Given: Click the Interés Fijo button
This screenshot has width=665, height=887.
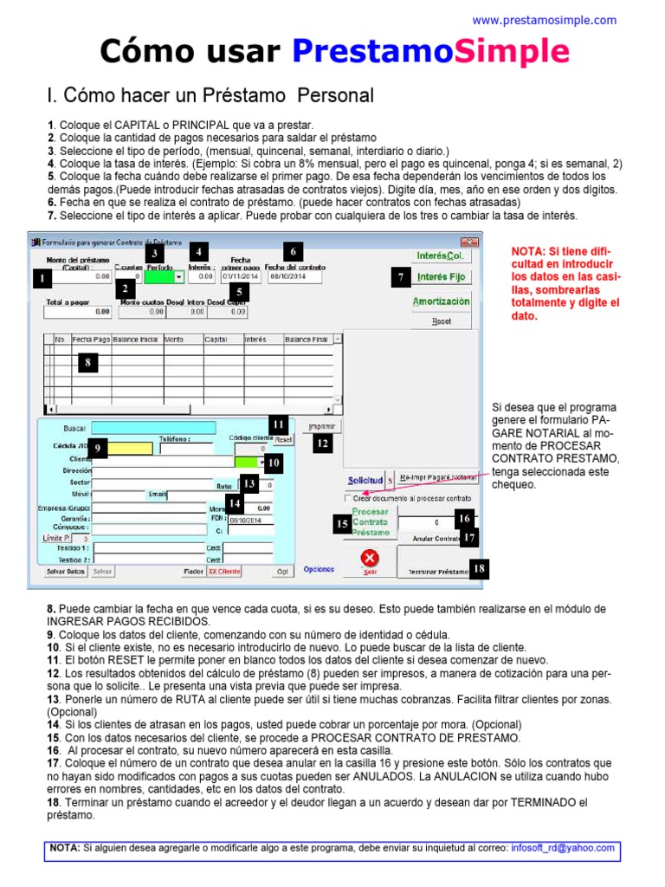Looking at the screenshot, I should [442, 277].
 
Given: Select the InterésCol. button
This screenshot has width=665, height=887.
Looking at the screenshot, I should [442, 256].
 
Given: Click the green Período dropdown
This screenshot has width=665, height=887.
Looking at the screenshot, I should [165, 277].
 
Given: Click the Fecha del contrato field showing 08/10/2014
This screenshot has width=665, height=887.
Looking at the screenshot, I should [294, 278].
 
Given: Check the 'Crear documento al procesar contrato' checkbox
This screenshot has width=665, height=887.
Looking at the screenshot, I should [348, 499].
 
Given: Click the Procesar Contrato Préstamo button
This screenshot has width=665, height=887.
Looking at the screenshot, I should [371, 522].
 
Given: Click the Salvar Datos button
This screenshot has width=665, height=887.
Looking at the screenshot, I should [65, 572].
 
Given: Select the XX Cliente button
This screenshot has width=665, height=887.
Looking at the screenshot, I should [224, 572].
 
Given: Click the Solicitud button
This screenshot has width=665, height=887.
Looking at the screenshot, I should [365, 479].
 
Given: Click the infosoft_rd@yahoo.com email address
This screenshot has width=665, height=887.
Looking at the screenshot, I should [562, 849].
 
